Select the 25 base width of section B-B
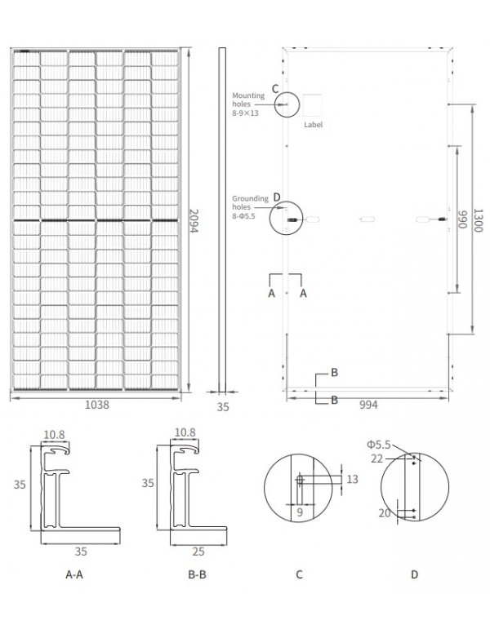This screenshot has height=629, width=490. coord(198,551)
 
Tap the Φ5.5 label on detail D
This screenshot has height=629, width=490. coord(379,445)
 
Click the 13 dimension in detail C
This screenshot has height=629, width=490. coord(353,480)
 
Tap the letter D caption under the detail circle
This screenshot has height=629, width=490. coord(414,574)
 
